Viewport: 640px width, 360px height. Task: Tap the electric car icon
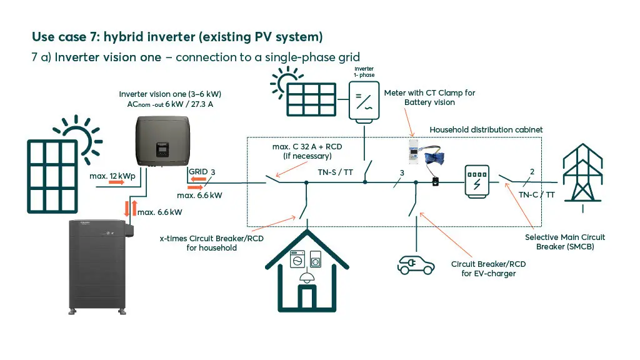click(x=416, y=265)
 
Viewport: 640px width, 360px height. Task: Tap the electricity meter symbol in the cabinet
click(x=477, y=182)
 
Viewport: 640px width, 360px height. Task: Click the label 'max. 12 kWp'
click(x=107, y=176)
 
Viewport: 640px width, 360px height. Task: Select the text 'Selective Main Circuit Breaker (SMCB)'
click(x=564, y=242)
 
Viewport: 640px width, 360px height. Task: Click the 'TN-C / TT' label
click(x=536, y=194)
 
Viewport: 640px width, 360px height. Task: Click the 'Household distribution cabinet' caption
click(x=486, y=129)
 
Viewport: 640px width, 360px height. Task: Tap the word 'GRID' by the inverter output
click(x=197, y=172)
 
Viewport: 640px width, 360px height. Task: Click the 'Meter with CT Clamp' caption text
click(x=429, y=97)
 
